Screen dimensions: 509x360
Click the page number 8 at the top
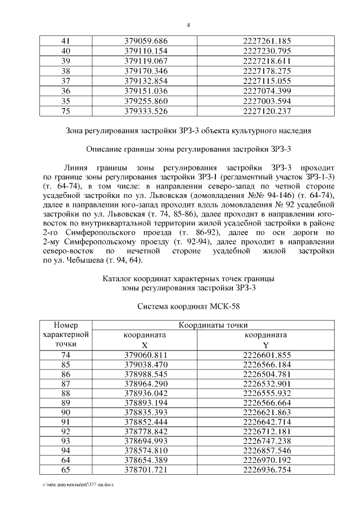pos(188,25)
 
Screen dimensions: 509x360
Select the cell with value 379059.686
pos(146,40)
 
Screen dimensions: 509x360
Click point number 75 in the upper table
pos(65,111)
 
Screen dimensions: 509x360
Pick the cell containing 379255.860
pos(146,101)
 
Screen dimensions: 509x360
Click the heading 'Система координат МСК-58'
pos(188,308)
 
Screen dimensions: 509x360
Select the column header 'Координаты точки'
pos(213,325)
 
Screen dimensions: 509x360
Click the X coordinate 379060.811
pos(146,354)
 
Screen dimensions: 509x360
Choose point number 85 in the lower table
pos(65,364)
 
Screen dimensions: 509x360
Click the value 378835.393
pos(146,413)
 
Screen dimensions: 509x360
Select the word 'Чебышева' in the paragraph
pos(78,260)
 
